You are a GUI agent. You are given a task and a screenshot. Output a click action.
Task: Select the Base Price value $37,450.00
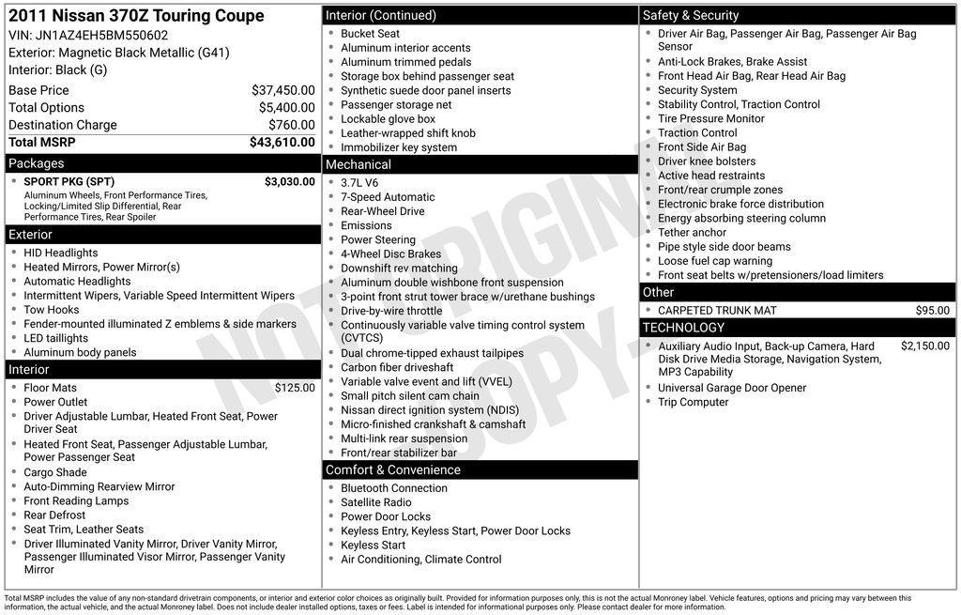282,90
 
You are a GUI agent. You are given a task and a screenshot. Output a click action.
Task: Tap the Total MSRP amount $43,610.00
282,143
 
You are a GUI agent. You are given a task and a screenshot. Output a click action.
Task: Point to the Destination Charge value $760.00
291,125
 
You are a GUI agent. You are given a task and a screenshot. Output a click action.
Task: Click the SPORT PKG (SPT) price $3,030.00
289,182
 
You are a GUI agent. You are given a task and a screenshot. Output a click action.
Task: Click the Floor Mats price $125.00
295,388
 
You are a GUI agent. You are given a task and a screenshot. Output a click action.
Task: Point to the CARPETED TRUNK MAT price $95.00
932,311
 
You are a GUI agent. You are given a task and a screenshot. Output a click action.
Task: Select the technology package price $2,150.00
924,346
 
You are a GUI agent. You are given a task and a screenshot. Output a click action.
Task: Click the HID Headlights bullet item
61,254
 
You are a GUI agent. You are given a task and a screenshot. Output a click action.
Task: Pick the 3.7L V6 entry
359,183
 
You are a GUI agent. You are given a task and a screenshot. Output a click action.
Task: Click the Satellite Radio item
375,502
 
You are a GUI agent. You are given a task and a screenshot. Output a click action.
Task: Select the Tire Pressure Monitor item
710,119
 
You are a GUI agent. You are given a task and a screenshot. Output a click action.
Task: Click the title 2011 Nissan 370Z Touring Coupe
136,16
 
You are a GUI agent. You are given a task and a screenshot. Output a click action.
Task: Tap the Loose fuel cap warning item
714,261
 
